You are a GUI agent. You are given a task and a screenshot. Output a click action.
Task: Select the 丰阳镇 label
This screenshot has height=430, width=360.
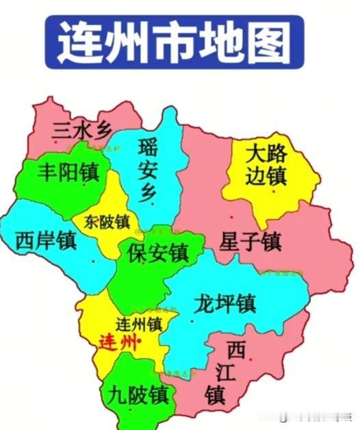click(x=67, y=171)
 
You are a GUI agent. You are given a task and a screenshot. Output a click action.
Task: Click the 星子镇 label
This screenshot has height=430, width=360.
click(x=250, y=241)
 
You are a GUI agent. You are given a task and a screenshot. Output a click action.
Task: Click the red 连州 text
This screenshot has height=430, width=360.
click(x=117, y=340)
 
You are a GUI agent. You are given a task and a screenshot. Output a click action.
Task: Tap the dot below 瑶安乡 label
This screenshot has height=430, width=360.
click(x=153, y=203)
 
